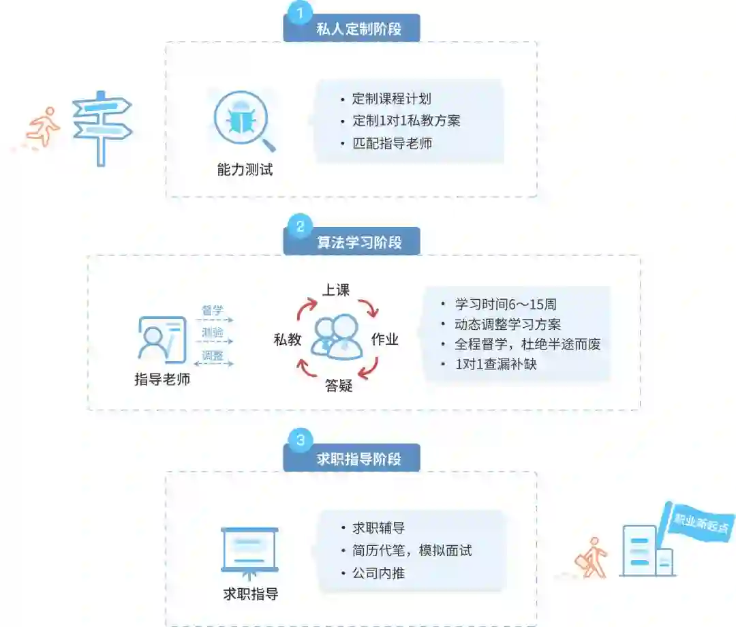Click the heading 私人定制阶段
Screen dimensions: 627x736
[x=358, y=29]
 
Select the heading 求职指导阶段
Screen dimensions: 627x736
[x=358, y=459]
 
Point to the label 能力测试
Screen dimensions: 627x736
[x=245, y=170]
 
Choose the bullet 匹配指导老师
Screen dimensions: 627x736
[x=392, y=143]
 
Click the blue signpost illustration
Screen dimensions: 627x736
[x=102, y=126]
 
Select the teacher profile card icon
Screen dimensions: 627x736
[x=162, y=339]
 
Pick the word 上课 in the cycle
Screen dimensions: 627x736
[x=335, y=290]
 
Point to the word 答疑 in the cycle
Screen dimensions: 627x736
[x=338, y=386]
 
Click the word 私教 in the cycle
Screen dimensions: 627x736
[x=287, y=339]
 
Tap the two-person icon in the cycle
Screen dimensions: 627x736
[x=337, y=337]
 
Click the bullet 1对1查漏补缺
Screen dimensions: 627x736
[x=496, y=364]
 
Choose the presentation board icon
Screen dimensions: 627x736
[x=250, y=550]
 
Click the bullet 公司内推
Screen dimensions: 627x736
[x=378, y=572]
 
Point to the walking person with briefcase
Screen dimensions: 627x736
[x=592, y=557]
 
